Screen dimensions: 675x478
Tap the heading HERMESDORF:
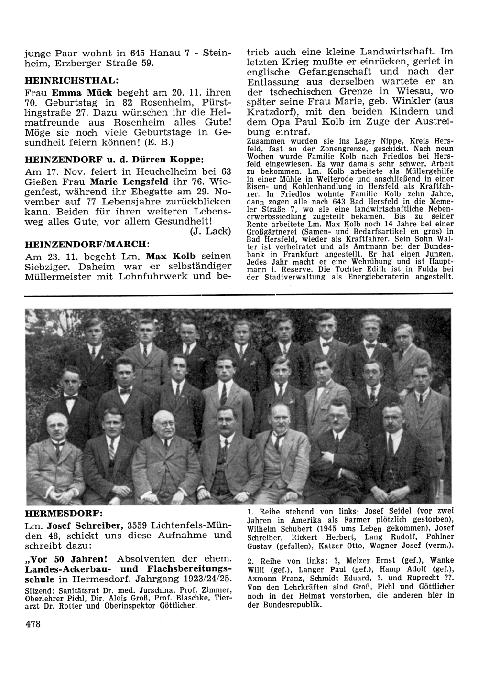coord(63,514)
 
